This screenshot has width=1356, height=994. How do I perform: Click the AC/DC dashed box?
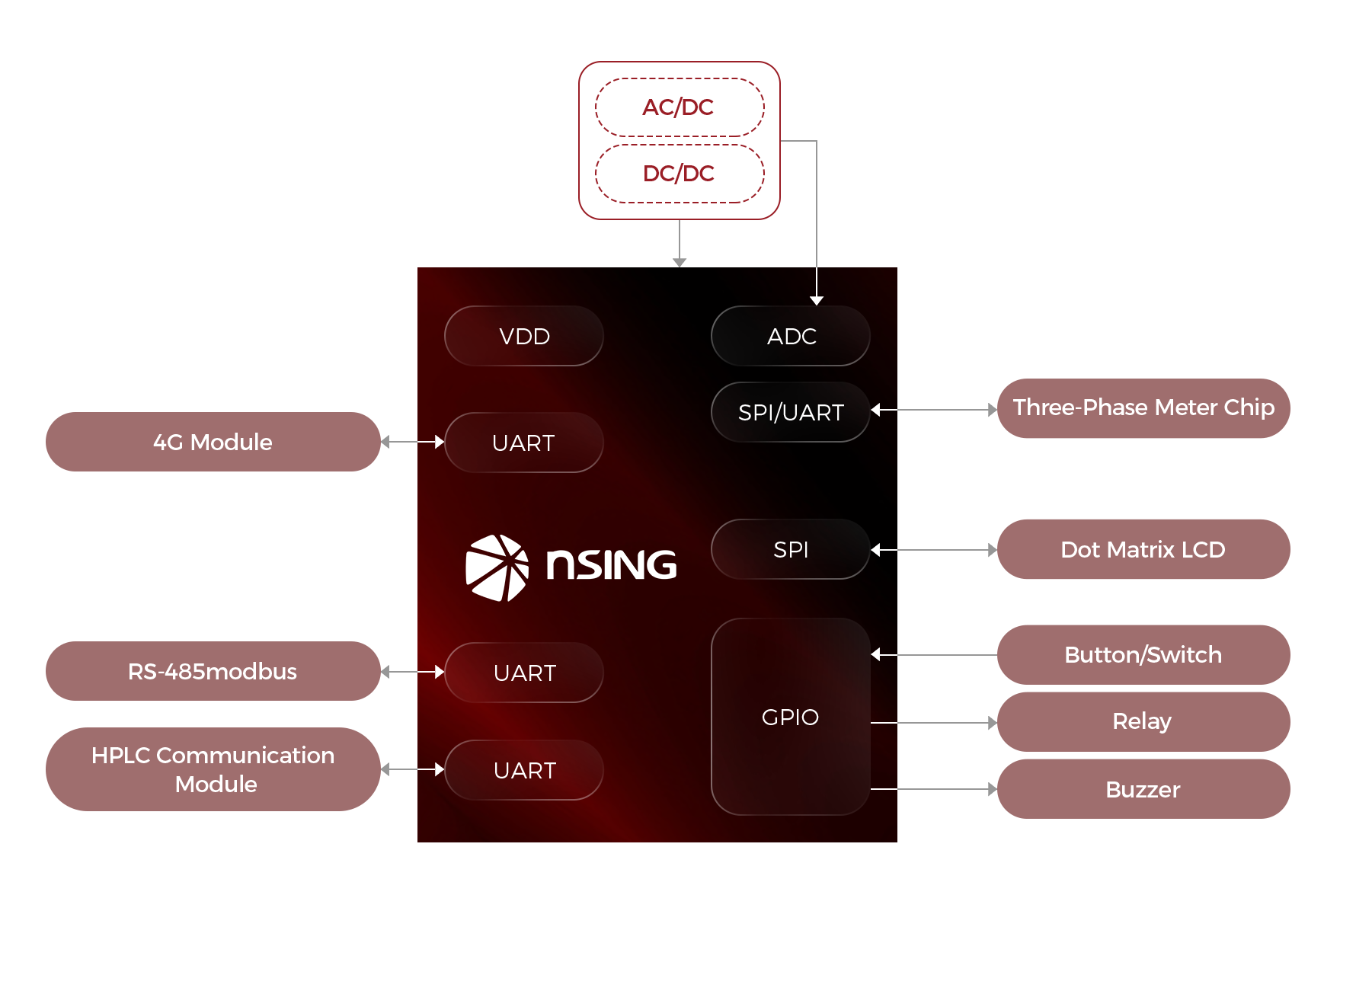pyautogui.click(x=679, y=107)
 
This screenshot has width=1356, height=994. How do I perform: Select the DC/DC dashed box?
pyautogui.click(x=679, y=174)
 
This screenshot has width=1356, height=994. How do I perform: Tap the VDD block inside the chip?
pyautogui.click(x=524, y=336)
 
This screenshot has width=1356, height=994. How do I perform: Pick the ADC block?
pyautogui.click(x=791, y=336)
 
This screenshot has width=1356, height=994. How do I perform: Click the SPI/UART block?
pyautogui.click(x=791, y=412)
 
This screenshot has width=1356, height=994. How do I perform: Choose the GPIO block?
pyautogui.click(x=791, y=717)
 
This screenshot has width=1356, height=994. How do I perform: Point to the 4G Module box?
pyautogui.click(x=213, y=442)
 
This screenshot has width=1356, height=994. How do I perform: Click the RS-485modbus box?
pyautogui.click(x=213, y=671)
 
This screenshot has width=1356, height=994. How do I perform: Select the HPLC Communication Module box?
pyautogui.click(x=213, y=769)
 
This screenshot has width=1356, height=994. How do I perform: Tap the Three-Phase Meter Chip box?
pyautogui.click(x=1143, y=408)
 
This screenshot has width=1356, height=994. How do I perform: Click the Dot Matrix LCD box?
pyautogui.click(x=1143, y=549)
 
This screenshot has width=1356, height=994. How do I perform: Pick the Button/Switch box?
pyautogui.click(x=1143, y=655)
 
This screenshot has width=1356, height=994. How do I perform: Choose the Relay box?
pyautogui.click(x=1143, y=721)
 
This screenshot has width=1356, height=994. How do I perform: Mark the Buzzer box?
pyautogui.click(x=1143, y=789)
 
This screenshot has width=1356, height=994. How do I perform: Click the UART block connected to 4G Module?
pyautogui.click(x=524, y=443)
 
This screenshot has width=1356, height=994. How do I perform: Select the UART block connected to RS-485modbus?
pyautogui.click(x=524, y=673)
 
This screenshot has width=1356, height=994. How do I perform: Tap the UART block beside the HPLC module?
pyautogui.click(x=524, y=770)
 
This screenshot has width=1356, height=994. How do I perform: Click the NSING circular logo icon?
pyautogui.click(x=497, y=567)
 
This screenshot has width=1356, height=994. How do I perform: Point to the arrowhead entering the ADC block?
pyautogui.click(x=817, y=300)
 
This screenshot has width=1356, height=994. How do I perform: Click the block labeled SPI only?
pyautogui.click(x=791, y=549)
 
